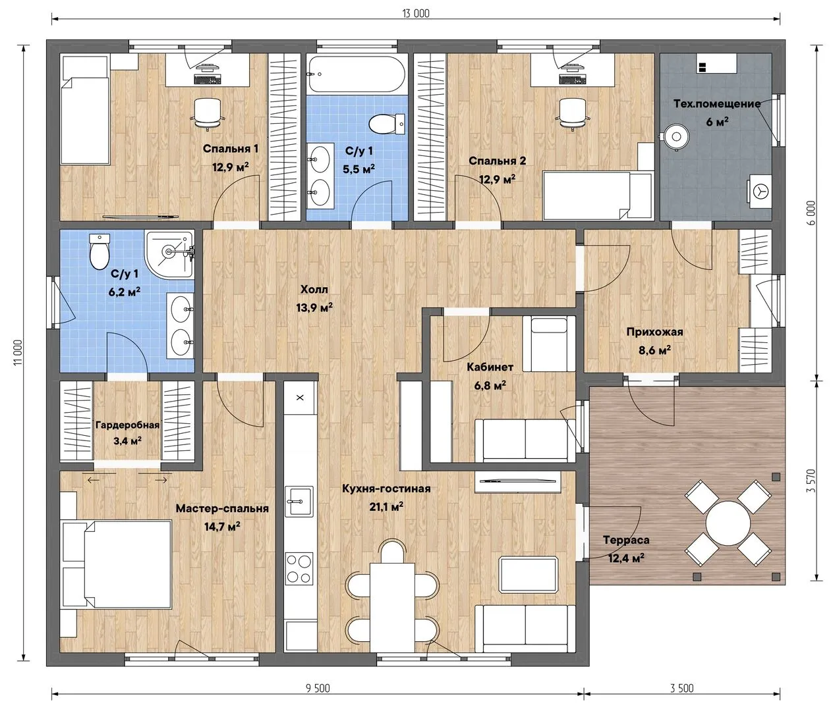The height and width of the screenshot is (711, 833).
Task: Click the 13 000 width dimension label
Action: click(x=415, y=14)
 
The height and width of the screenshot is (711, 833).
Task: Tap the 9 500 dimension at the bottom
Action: click(x=318, y=689)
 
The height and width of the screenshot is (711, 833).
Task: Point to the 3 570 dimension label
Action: click(x=811, y=481)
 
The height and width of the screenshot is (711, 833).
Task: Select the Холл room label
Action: click(x=314, y=289)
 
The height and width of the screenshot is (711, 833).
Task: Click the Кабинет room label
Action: click(x=490, y=367)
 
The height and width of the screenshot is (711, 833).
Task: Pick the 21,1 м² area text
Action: click(x=386, y=506)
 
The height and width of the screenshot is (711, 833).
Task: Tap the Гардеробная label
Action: click(x=127, y=425)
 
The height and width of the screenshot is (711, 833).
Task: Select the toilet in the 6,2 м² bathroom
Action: click(x=99, y=251)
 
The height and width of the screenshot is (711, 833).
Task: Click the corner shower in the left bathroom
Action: click(x=169, y=254)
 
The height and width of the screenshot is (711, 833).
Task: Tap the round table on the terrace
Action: click(x=728, y=523)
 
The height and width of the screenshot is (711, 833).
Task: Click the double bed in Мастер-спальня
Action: click(x=116, y=564)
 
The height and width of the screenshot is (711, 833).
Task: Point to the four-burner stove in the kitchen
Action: click(x=299, y=569)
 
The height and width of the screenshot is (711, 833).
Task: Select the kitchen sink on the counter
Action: click(x=299, y=501)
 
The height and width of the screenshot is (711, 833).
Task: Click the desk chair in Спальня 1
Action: click(x=208, y=113)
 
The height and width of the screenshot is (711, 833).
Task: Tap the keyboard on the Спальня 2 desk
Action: click(x=573, y=79)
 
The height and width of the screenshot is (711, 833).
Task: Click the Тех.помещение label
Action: click(x=717, y=104)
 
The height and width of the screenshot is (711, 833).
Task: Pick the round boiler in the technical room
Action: click(x=676, y=137)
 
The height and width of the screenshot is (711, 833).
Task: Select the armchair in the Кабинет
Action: click(x=549, y=344)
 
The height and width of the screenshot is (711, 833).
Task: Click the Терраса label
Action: click(x=626, y=540)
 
